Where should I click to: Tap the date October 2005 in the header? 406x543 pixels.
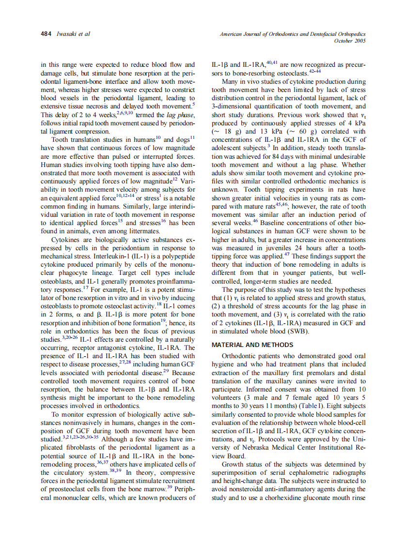(x=350, y=41)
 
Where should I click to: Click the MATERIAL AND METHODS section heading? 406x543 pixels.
(x=252, y=345)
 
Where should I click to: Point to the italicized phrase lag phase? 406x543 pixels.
(x=178, y=115)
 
